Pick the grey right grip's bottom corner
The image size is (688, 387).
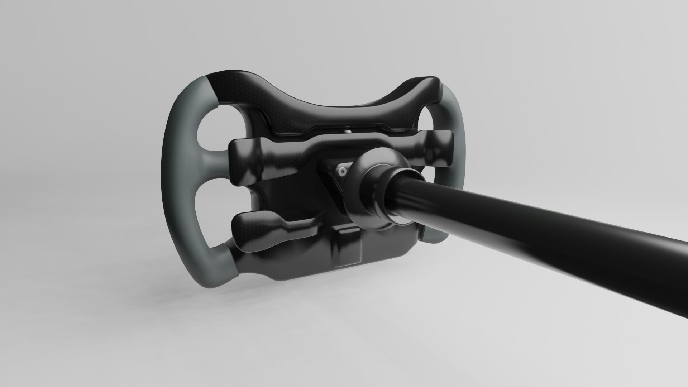pos(435,236)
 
